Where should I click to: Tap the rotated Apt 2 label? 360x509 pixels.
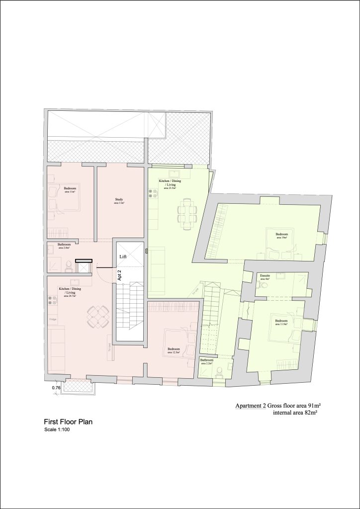(119, 274)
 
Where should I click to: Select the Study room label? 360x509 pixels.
(119, 201)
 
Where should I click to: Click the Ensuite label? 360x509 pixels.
(265, 277)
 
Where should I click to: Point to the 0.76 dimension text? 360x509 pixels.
(56, 388)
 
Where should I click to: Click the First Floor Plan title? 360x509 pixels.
(68, 422)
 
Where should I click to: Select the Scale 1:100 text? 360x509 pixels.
(57, 430)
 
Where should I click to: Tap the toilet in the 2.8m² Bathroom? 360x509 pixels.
(68, 266)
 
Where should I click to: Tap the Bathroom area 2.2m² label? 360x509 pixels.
(206, 361)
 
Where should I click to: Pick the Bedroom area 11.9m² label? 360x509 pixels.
(281, 322)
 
